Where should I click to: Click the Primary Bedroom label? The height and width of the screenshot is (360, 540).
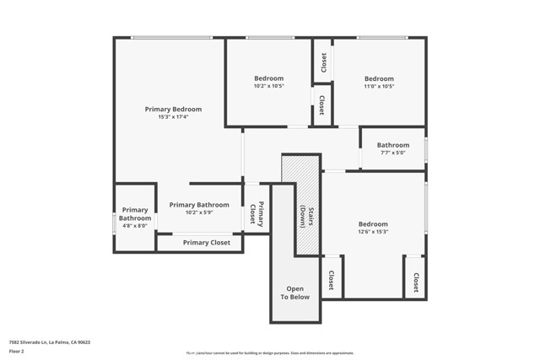coord(173,110)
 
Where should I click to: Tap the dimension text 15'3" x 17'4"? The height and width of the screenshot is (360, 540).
coord(173,117)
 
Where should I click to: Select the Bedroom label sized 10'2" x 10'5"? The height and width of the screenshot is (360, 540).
coord(268,78)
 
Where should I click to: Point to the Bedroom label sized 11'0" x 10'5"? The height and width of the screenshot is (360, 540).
coord(379,78)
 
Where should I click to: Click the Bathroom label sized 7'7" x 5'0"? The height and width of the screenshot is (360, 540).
coord(392,145)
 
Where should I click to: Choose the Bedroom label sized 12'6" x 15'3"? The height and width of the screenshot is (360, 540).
coord(373,224)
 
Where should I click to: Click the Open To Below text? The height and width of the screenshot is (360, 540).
coord(294,293)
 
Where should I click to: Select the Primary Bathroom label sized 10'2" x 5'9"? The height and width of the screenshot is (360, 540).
coord(198,205)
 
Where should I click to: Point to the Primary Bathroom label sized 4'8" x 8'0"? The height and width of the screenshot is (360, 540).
coord(134,214)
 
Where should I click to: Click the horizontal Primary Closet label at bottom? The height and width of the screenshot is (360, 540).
coord(206,243)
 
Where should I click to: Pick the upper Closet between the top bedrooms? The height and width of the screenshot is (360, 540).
coord(323,62)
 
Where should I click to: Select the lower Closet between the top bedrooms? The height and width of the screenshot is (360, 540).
coord(322,105)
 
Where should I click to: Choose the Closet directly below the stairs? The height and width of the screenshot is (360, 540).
coord(331,280)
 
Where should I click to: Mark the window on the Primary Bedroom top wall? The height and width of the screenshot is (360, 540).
coord(171,38)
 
